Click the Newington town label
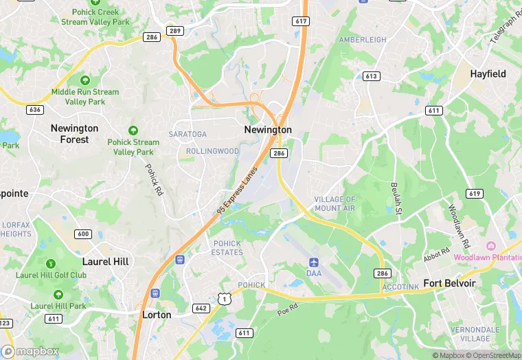click(268, 130)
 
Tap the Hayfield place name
click(488, 74)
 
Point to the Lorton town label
click(156, 315)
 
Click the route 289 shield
click(175, 31)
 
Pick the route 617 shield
click(300, 21)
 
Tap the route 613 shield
click(372, 76)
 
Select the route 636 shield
click(35, 110)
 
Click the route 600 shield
click(83, 234)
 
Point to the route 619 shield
click(474, 194)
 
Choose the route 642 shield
click(201, 308)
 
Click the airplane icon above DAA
click(314, 262)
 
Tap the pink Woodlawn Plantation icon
click(491, 246)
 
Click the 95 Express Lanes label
click(237, 189)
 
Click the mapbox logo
click(31, 351)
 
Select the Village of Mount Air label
click(335, 203)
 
